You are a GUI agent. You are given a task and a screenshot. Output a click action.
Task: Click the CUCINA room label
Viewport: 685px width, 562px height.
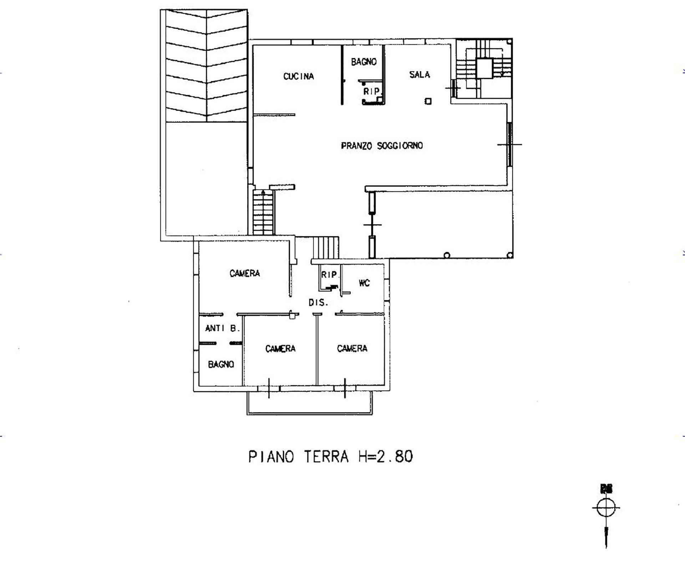click(x=299, y=76)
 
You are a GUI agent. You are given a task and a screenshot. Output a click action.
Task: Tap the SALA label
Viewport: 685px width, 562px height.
click(x=420, y=75)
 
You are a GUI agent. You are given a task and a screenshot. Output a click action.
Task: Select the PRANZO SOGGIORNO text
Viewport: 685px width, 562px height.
click(x=382, y=146)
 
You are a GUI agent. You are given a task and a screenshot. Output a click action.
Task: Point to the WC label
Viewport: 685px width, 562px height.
click(x=364, y=283)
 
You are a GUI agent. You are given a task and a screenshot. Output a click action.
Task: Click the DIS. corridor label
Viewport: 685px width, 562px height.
click(x=318, y=303)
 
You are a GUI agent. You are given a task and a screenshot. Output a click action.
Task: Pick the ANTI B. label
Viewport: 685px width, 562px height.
click(x=223, y=328)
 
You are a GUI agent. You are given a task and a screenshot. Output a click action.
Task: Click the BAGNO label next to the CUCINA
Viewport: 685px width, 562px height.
click(x=364, y=62)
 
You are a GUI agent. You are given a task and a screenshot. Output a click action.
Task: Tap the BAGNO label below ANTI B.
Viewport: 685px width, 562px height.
click(x=221, y=364)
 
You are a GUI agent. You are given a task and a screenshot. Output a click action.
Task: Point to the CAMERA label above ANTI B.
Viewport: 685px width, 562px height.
click(x=245, y=274)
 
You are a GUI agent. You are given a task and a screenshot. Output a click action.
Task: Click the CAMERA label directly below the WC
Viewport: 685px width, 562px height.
click(x=352, y=348)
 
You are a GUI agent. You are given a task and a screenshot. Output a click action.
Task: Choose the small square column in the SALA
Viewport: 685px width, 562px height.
click(x=428, y=101)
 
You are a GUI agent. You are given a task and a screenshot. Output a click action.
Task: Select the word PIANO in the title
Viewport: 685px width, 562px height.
click(x=272, y=457)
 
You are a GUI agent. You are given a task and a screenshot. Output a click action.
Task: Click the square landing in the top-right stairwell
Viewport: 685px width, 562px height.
click(x=485, y=68)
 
